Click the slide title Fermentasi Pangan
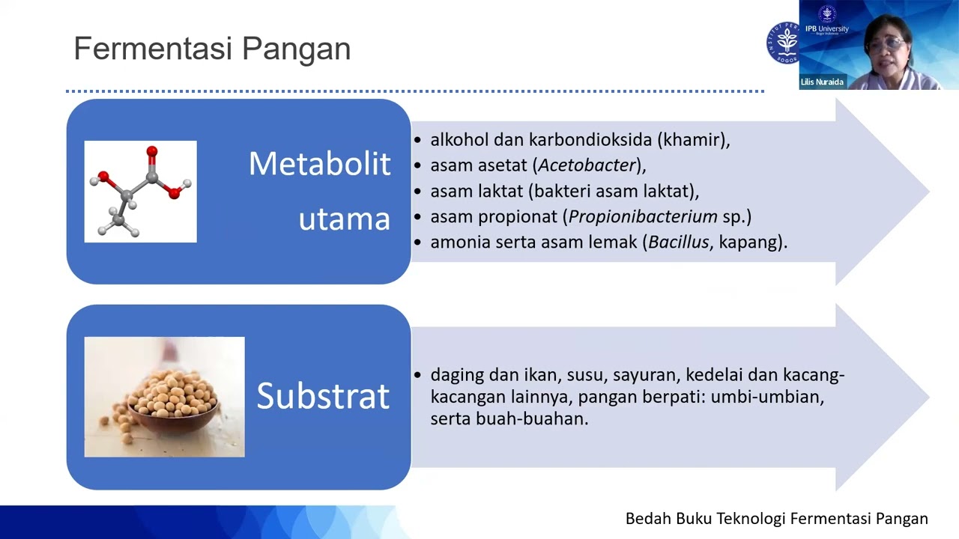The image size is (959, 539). coord(212,49)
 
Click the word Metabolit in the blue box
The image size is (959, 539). coord(319,164)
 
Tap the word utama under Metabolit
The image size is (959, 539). coord(344,219)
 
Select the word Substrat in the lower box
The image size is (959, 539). coord(323,396)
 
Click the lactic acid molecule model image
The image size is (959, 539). coord(140,192)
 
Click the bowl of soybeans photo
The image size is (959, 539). coord(164,397)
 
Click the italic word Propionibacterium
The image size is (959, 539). coord(643,217)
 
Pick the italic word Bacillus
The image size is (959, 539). coord(679,243)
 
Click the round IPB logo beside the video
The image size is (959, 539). coord(783,43)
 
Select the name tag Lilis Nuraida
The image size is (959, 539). coord(822,82)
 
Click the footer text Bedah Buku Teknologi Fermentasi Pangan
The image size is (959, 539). coord(776,519)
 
